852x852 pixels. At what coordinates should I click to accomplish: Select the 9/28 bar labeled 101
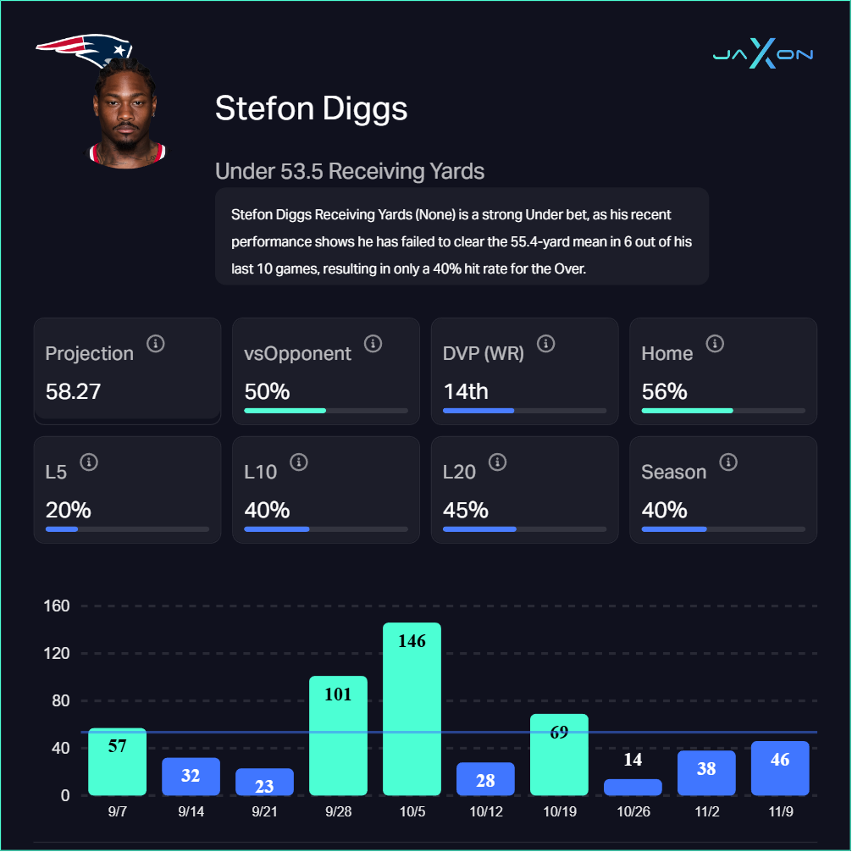click(x=338, y=736)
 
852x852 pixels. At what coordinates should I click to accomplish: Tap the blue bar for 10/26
click(x=633, y=788)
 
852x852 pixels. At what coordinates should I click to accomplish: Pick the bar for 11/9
click(x=780, y=769)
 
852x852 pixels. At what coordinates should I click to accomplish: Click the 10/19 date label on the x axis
click(x=559, y=811)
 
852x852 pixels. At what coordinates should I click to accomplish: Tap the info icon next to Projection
click(x=155, y=344)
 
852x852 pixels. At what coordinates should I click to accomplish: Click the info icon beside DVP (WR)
click(x=546, y=344)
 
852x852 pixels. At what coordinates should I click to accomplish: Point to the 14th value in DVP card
click(x=465, y=392)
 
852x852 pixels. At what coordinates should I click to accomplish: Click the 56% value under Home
click(x=664, y=392)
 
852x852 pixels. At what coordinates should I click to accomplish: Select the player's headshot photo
click(x=127, y=114)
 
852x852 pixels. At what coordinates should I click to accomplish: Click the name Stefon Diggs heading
click(x=311, y=108)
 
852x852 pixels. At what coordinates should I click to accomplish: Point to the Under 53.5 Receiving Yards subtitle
click(x=350, y=171)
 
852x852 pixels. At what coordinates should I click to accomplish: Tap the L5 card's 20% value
click(x=68, y=511)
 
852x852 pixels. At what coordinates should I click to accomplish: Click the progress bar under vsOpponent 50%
click(x=326, y=411)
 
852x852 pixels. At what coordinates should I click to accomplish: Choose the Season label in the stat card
click(x=673, y=472)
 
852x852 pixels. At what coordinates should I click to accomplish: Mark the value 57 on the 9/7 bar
click(x=117, y=746)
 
